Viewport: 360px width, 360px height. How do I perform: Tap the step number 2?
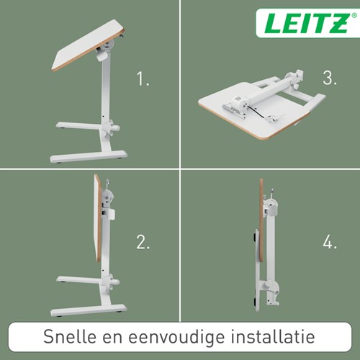(143, 242)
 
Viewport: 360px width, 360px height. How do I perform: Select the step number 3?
(329, 79)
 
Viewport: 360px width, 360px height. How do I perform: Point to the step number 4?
(330, 242)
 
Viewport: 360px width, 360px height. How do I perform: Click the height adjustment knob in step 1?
(113, 131)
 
